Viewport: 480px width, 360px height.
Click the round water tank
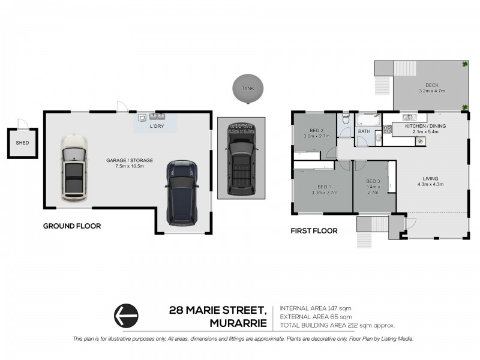click(247, 88)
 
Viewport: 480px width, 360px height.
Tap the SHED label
click(22, 143)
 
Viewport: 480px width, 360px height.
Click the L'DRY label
click(157, 127)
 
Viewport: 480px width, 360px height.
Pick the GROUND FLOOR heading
click(71, 226)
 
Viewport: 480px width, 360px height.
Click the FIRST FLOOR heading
click(314, 230)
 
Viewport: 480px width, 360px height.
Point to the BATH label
click(364, 131)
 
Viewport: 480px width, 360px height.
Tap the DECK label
click(432, 85)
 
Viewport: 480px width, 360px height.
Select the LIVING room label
click(430, 178)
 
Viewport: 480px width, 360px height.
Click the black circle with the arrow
click(126, 314)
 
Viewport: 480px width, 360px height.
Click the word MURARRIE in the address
click(238, 323)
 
